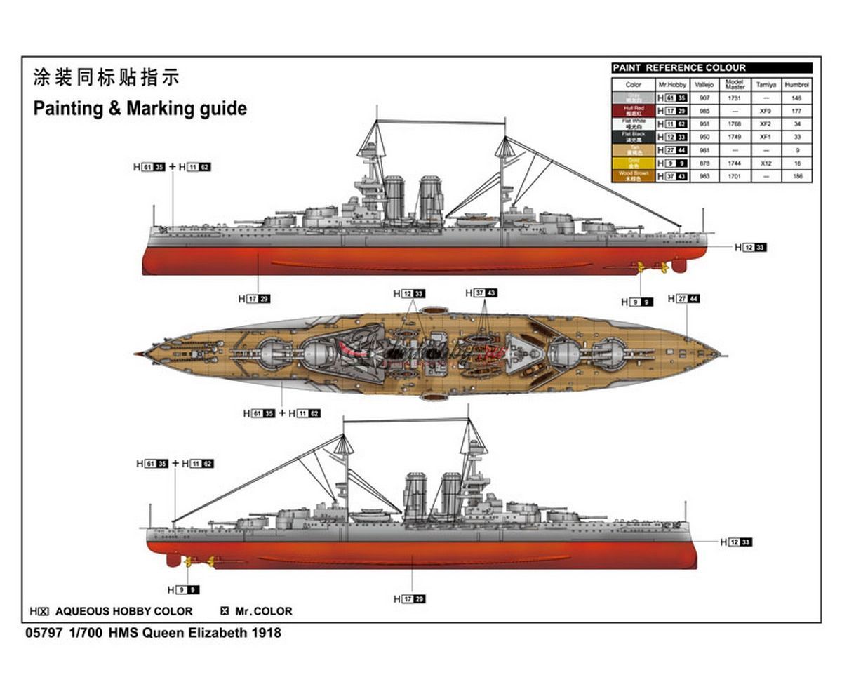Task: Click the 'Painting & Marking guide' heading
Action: pos(140,109)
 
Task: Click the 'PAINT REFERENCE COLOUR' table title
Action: pos(679,68)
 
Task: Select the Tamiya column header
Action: pos(766,84)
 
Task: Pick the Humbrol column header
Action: pos(796,84)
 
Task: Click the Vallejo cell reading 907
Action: pos(704,98)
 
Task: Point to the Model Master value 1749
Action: pos(735,137)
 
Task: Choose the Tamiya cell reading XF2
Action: pos(766,124)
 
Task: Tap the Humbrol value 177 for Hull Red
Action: pos(796,111)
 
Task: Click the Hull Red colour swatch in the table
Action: pos(634,111)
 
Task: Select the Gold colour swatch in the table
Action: pos(634,163)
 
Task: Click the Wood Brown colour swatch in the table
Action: pos(634,177)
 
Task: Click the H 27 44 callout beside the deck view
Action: pos(684,299)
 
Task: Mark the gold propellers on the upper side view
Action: pos(649,267)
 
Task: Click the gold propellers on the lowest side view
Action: pos(200,561)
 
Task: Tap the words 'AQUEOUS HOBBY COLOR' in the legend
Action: pos(123,611)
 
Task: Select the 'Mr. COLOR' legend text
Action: pos(264,611)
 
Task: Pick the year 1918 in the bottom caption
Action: pos(267,633)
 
